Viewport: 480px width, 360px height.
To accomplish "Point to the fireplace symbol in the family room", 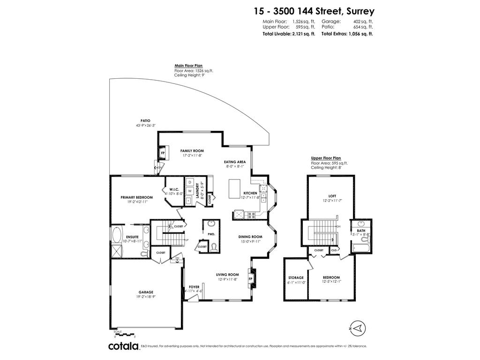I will tap(163, 153).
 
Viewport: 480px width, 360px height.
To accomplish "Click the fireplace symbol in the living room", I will tap(250, 279).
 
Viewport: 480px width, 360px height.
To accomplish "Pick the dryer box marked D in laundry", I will tap(190, 182).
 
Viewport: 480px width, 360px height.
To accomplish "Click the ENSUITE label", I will tap(132, 237).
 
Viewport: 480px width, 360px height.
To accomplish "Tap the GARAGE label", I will tap(146, 292).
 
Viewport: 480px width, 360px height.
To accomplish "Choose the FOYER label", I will tap(194, 286).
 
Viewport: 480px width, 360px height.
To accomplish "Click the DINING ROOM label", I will tap(250, 237).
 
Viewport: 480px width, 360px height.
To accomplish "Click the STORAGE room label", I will tap(296, 277).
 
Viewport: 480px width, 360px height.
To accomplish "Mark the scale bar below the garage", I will tap(125, 335).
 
